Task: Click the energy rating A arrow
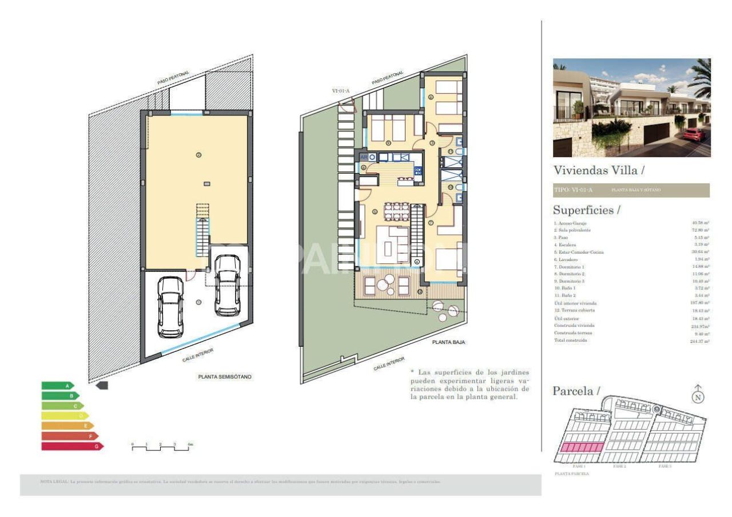(x=58, y=386)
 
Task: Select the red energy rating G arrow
(x=72, y=446)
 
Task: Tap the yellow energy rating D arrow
(x=65, y=416)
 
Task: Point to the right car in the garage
(x=227, y=285)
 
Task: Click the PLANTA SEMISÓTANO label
(x=224, y=377)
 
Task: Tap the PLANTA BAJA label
(x=448, y=342)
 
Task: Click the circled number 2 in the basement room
(x=199, y=155)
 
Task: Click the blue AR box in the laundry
(x=363, y=157)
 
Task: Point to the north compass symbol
(x=698, y=395)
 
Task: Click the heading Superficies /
(x=586, y=210)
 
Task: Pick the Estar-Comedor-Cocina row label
(x=578, y=252)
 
